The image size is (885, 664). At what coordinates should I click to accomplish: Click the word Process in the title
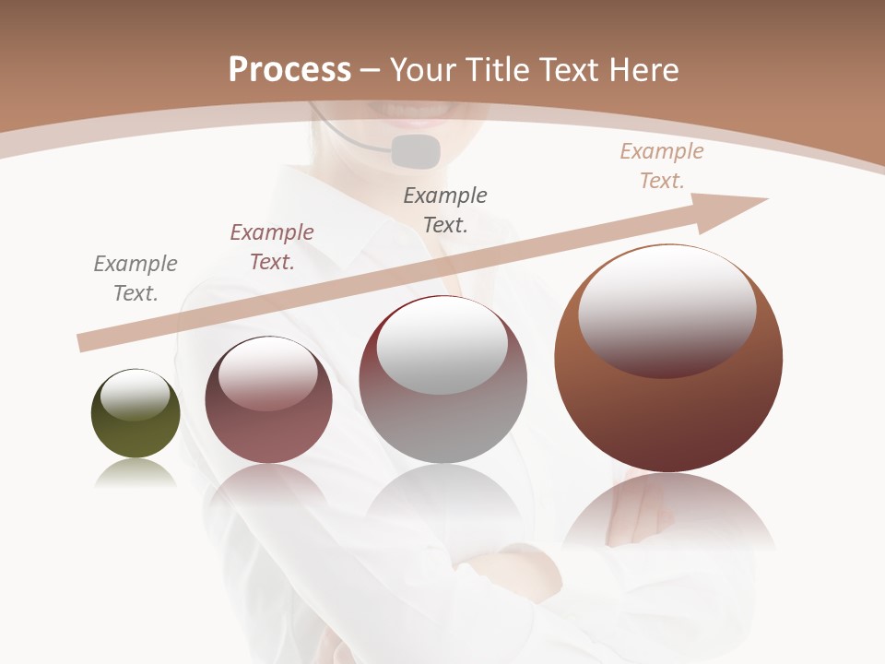point(289,70)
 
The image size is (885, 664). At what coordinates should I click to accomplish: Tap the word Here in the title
point(644,70)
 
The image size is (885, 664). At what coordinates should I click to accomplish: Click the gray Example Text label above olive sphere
point(136,279)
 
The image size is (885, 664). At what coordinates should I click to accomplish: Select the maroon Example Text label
point(272,247)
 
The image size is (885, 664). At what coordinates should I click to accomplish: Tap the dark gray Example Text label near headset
point(445,209)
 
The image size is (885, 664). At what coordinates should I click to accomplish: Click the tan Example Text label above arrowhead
point(662,166)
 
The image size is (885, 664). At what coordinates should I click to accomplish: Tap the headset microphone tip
point(416,151)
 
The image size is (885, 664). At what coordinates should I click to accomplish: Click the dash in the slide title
point(370,70)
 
